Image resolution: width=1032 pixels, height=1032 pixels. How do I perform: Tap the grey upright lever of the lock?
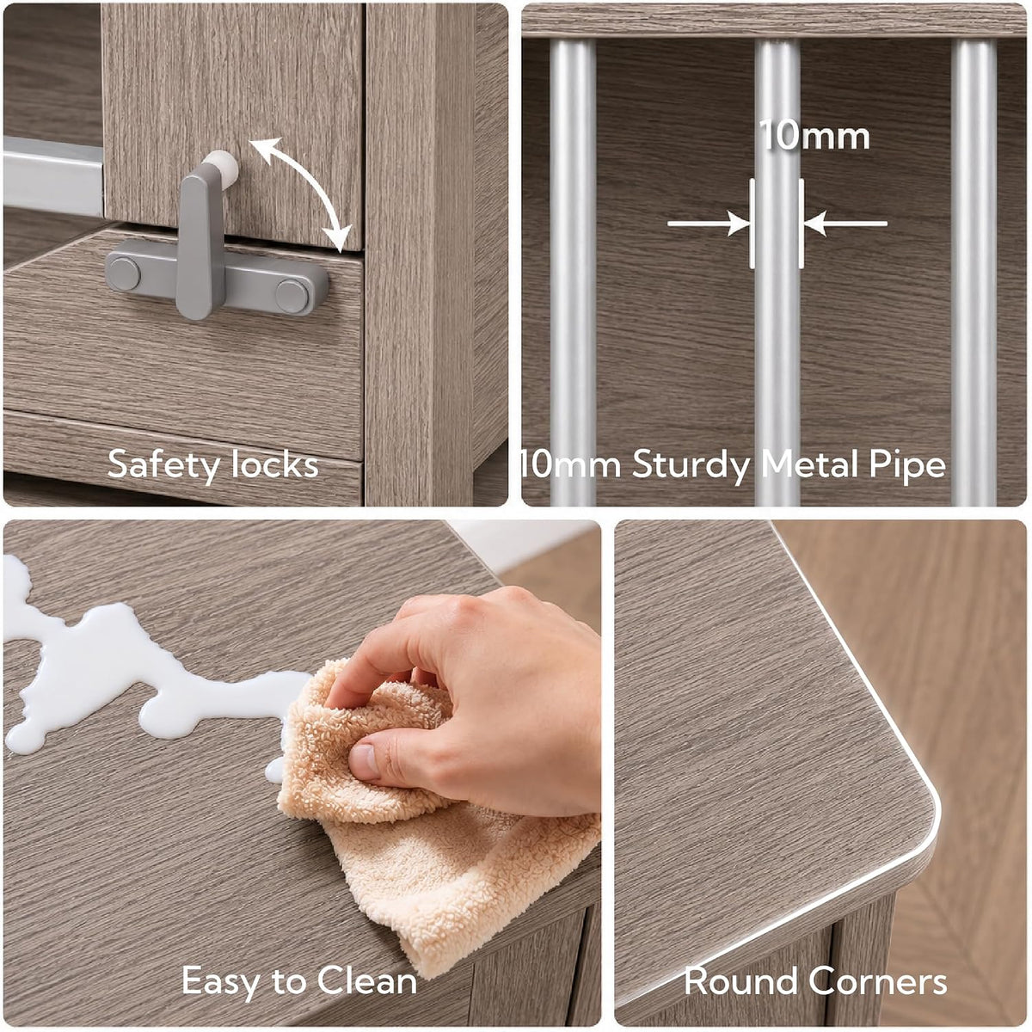click(201, 241)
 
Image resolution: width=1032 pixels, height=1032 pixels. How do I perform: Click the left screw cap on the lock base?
click(124, 274)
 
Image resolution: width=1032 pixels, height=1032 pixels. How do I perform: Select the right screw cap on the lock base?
click(292, 296)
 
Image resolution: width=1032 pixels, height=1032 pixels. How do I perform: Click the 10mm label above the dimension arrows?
click(814, 136)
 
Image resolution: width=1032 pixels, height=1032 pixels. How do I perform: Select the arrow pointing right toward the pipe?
click(709, 224)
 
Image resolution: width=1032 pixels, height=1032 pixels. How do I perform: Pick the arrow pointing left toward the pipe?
click(845, 224)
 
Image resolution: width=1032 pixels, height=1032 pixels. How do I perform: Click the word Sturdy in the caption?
click(691, 465)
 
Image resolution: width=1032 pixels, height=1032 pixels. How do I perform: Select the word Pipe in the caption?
click(906, 465)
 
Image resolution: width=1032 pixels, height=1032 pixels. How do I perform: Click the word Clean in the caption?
click(367, 981)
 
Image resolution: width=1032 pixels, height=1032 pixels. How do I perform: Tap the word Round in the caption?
click(740, 981)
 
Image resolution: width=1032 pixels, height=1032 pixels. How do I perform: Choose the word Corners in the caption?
click(877, 981)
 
